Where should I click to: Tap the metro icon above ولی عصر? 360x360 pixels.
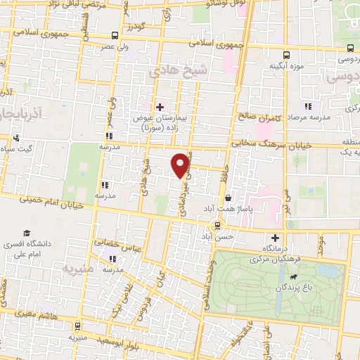click(x=115, y=36)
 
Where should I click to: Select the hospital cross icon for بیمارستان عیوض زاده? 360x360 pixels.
click(x=160, y=107)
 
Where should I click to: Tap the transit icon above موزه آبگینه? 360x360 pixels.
click(x=286, y=55)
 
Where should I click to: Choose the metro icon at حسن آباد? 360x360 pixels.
click(x=217, y=226)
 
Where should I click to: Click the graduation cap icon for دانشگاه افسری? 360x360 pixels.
click(x=27, y=233)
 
